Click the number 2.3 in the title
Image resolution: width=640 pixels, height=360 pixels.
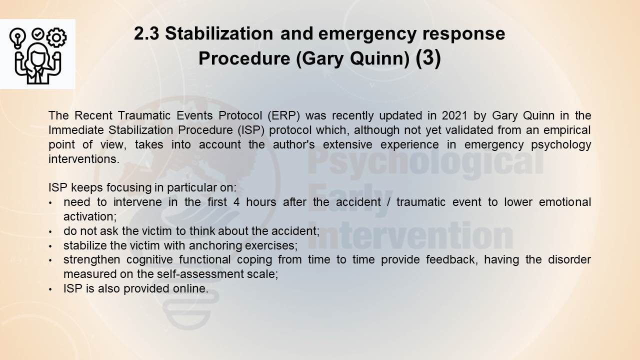pyautogui.click(x=146, y=33)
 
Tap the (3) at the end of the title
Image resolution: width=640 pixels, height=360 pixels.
pyautogui.click(x=428, y=58)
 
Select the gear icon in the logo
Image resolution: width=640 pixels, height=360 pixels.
pyautogui.click(x=56, y=37)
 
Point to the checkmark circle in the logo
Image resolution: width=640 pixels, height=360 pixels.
pyautogui.click(x=37, y=33)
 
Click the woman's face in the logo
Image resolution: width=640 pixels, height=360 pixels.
pyautogui.click(x=37, y=58)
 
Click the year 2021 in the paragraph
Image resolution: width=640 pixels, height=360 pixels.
pyautogui.click(x=454, y=115)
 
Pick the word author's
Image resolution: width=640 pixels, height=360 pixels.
pyautogui.click(x=293, y=144)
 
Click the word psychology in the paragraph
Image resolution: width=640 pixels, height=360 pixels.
pyautogui.click(x=561, y=145)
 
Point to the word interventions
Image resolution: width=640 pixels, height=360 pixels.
pyautogui.click(x=83, y=159)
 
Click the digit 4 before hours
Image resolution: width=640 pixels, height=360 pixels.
pyautogui.click(x=236, y=202)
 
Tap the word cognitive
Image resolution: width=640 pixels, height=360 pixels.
pyautogui.click(x=149, y=260)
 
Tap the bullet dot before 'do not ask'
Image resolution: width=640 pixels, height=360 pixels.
pyautogui.click(x=50, y=231)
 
